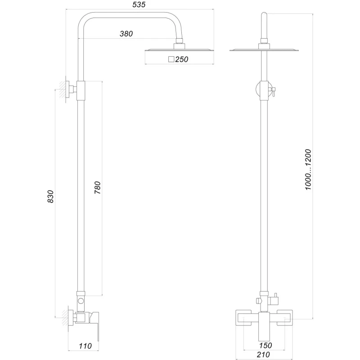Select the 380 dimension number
(126, 34)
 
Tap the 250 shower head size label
(181, 59)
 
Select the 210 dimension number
(264, 355)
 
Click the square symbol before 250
(171, 59)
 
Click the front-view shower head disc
(264, 50)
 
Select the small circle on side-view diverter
(81, 301)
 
